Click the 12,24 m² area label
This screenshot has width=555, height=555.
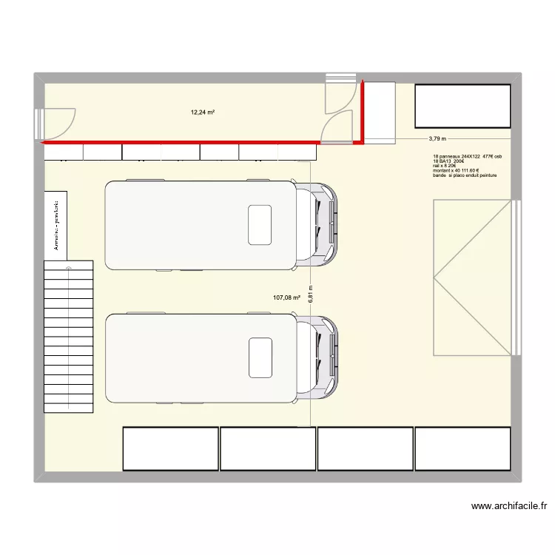tap(202, 112)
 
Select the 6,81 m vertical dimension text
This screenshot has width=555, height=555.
tap(311, 294)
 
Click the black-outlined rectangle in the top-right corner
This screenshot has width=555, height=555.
tap(462, 106)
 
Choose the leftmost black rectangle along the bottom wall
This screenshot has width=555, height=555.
tap(170, 448)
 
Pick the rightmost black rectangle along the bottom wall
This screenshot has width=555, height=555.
tap(462, 448)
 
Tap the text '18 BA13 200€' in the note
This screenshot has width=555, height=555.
tap(449, 161)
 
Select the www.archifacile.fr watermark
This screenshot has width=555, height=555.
tap(508, 507)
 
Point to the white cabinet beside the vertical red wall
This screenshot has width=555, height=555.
tap(381, 111)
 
